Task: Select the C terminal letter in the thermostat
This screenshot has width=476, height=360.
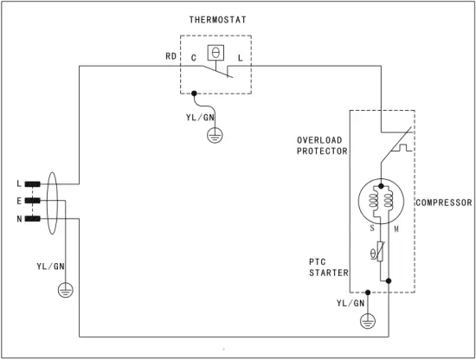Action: (x=193, y=57)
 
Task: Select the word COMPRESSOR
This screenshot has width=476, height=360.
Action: (x=443, y=202)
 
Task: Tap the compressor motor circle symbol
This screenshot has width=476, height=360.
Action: (x=382, y=202)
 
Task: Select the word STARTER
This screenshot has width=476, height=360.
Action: (x=328, y=273)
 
